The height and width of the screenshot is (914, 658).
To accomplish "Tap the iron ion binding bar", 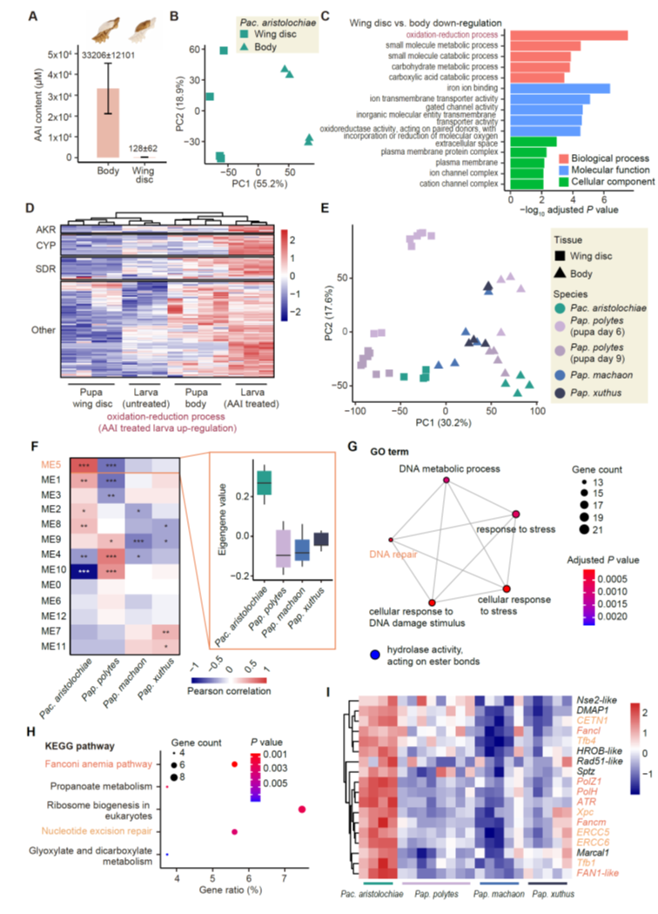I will click(x=560, y=88).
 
